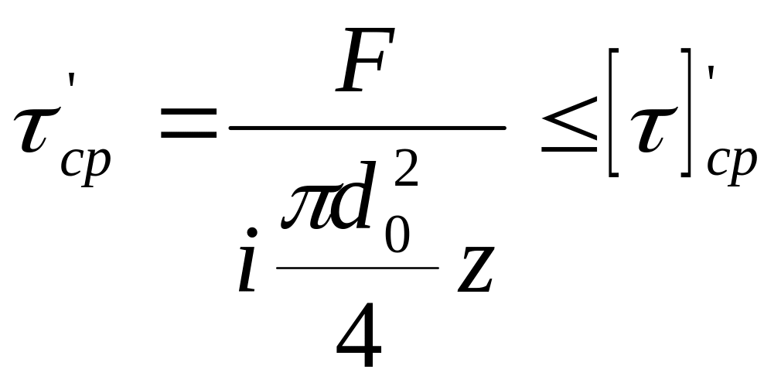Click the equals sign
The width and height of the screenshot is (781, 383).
click(x=187, y=125)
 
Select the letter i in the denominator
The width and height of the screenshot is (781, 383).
click(x=247, y=267)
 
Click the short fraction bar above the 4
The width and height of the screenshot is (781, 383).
click(x=357, y=268)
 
